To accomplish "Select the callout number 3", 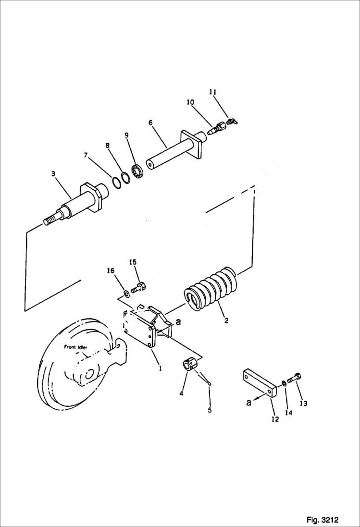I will pyautogui.click(x=53, y=174).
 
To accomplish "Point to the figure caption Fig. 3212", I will pyautogui.click(x=322, y=520).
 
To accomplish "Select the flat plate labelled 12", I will pyautogui.click(x=260, y=382).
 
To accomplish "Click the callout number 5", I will pyautogui.click(x=210, y=410).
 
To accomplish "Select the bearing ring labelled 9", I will pyautogui.click(x=137, y=170).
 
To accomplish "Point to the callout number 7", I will pyautogui.click(x=86, y=155).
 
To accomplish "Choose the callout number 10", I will pyautogui.click(x=190, y=102).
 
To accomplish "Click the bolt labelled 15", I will pyautogui.click(x=139, y=287).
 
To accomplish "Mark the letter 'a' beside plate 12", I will pyautogui.click(x=248, y=403).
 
